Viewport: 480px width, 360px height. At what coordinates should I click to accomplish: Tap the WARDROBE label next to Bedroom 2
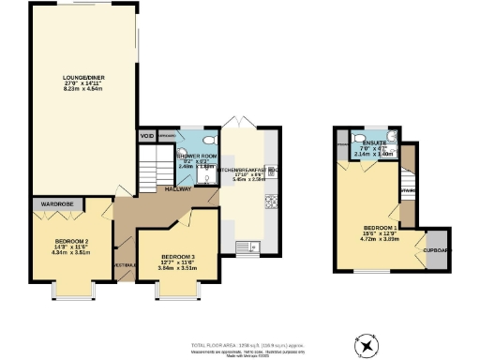[x=59, y=202]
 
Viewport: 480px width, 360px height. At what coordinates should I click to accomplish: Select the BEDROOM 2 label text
[x=71, y=241]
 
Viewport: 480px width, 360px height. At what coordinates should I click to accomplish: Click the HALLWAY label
[x=179, y=188]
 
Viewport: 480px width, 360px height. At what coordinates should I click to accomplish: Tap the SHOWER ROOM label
[x=198, y=157]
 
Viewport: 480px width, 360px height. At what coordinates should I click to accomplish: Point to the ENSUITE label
[x=372, y=143]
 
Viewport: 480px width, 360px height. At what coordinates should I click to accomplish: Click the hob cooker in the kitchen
[x=273, y=200]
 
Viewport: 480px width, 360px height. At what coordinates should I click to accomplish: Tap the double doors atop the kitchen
[x=247, y=126]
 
